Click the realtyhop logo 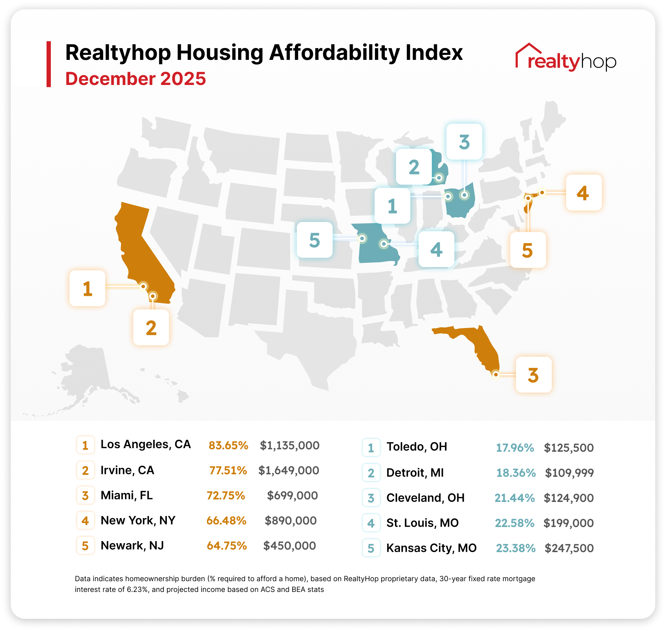coord(566,58)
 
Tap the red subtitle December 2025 coord(136,79)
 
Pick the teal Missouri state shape coord(376,244)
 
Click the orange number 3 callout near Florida coord(534,375)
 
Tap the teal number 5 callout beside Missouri coord(315,240)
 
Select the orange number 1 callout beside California coord(87,288)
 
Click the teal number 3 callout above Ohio coord(464,142)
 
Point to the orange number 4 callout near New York coord(584,193)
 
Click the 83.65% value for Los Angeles coord(228,445)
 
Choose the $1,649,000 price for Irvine coord(289,470)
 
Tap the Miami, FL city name coord(127,495)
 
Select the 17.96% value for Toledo coord(515,447)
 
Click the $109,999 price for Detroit coord(569,473)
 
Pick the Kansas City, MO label coord(431,548)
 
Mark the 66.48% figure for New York coord(226,521)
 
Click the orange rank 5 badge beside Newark coord(85,546)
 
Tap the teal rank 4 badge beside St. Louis coord(371,523)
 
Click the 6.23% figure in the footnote coord(137,589)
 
